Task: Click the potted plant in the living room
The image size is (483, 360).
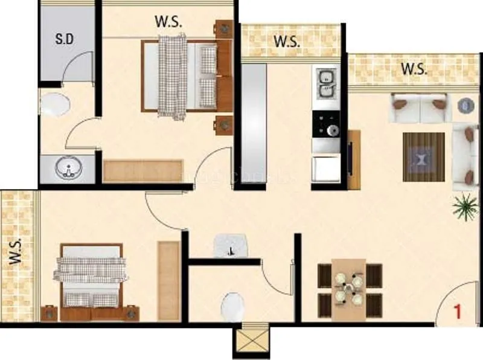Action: [464, 206]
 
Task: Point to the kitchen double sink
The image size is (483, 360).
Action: [327, 85]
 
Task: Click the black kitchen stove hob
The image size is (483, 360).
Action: [327, 124]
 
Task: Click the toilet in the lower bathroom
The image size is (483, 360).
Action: [232, 307]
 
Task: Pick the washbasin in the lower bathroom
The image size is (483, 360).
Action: [231, 246]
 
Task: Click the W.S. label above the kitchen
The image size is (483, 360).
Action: [287, 42]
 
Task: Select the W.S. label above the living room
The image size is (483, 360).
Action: [414, 68]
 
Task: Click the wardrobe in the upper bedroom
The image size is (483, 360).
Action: [142, 171]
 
